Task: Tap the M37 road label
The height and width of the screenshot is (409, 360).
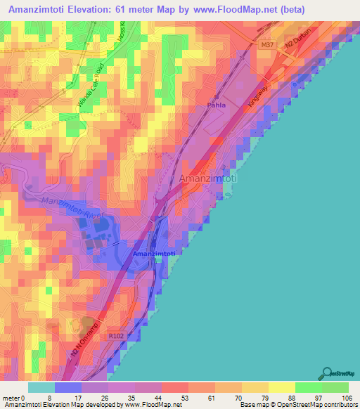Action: [x=267, y=45]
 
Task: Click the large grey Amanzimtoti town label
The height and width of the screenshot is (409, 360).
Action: [x=209, y=179]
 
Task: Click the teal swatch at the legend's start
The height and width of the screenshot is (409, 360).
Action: [x=41, y=387]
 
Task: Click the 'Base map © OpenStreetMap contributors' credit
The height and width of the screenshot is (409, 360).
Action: [x=297, y=405]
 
